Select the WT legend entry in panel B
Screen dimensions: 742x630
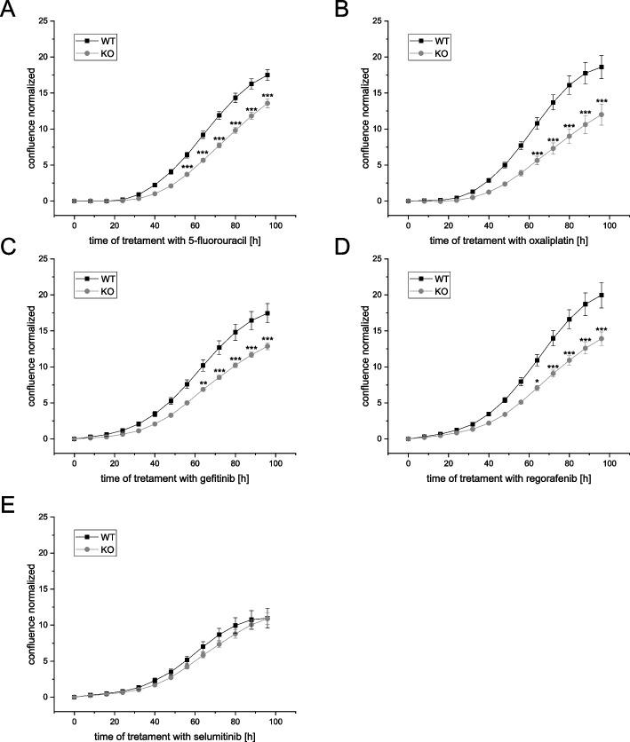(x=443, y=40)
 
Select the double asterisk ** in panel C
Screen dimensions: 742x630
(x=203, y=383)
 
